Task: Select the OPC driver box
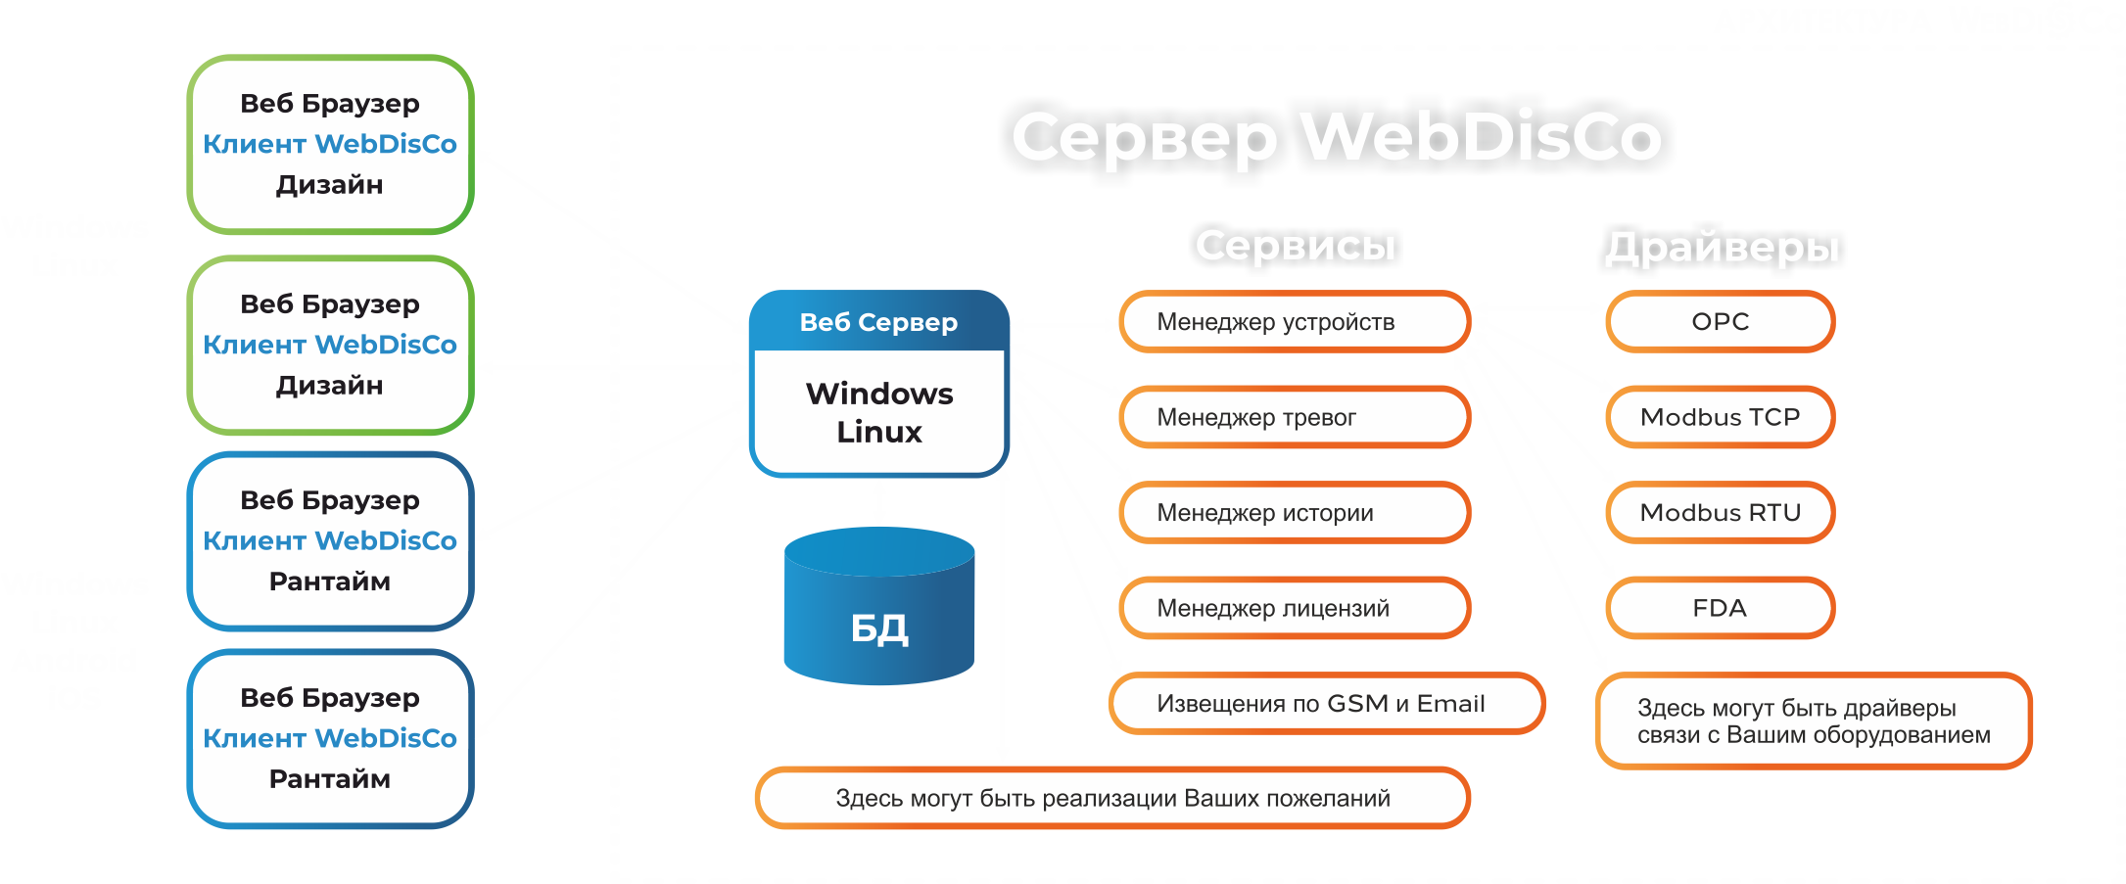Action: pyautogui.click(x=1720, y=321)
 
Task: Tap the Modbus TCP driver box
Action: pyautogui.click(x=1720, y=417)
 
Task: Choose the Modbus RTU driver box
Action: pyautogui.click(x=1720, y=512)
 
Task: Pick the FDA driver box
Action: pyautogui.click(x=1720, y=608)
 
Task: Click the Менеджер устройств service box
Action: pyautogui.click(x=1294, y=321)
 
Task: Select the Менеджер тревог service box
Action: pyautogui.click(x=1294, y=417)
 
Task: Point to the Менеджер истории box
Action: pyautogui.click(x=1294, y=512)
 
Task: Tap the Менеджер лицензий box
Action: pyautogui.click(x=1294, y=608)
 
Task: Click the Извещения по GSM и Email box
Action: pyautogui.click(x=1326, y=703)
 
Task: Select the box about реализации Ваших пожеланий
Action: pyautogui.click(x=1112, y=798)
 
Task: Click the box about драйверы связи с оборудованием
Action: pyautogui.click(x=1813, y=721)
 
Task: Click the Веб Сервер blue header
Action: pyautogui.click(x=878, y=322)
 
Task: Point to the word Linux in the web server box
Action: pyautogui.click(x=878, y=432)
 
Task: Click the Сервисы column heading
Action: pyautogui.click(x=1295, y=245)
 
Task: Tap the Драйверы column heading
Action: pyautogui.click(x=1722, y=247)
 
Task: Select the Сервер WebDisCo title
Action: pyautogui.click(x=1337, y=136)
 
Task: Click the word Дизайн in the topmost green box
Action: pyautogui.click(x=329, y=184)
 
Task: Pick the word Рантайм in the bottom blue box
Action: pyautogui.click(x=329, y=779)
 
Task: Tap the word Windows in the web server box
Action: pyautogui.click(x=878, y=394)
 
